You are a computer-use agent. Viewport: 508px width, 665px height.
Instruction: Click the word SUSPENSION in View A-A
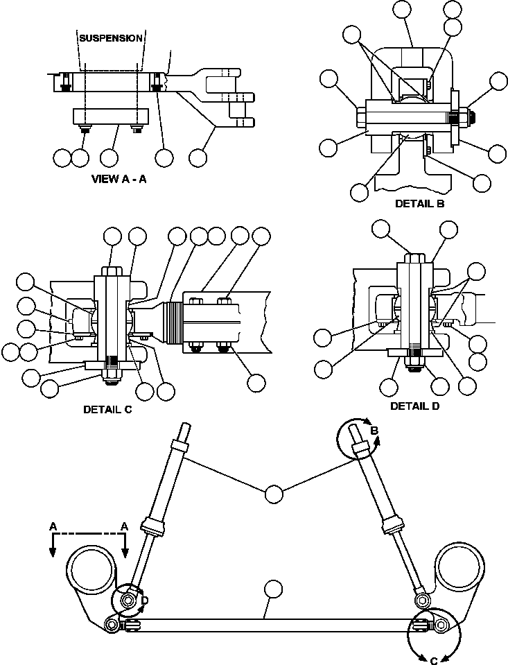[x=111, y=37]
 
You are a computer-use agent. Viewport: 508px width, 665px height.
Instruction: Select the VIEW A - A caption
[x=120, y=178]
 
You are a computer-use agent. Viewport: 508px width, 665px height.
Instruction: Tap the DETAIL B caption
[x=419, y=203]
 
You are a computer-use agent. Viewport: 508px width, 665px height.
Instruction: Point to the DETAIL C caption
[x=107, y=409]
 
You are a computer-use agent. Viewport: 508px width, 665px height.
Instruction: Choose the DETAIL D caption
[x=414, y=406]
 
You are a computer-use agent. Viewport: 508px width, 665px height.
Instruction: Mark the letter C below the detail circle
[x=434, y=660]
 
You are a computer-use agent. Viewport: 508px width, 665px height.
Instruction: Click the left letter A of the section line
[x=53, y=527]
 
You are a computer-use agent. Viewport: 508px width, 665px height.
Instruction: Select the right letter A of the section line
[x=125, y=527]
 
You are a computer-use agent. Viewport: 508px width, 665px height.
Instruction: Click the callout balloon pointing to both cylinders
[x=274, y=494]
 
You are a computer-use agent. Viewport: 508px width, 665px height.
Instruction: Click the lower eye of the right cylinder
[x=421, y=598]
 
